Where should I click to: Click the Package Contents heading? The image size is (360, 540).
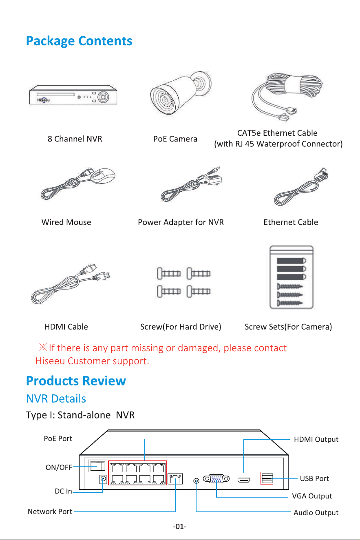[x=79, y=41]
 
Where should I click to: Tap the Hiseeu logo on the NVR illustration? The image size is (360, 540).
[x=43, y=100]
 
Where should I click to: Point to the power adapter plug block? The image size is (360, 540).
[x=214, y=179]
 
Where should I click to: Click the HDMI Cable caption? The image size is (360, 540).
[x=66, y=327]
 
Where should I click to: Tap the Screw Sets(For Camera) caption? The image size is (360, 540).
[x=288, y=327]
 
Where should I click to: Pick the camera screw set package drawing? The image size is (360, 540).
[x=292, y=277]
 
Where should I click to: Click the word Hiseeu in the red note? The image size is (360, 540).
[x=50, y=361]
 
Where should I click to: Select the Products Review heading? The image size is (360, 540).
[x=76, y=381]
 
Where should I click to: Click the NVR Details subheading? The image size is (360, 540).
[x=56, y=399]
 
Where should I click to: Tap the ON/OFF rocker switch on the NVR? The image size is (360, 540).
[x=97, y=466]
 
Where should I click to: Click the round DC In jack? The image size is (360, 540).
[x=103, y=479]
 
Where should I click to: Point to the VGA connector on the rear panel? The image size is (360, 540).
[x=216, y=478]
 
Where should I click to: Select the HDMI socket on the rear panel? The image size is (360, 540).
[x=244, y=480]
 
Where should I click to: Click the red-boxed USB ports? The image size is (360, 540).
[x=267, y=478]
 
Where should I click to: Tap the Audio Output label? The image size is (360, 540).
[x=316, y=513]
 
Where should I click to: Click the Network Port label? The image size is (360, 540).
[x=50, y=511]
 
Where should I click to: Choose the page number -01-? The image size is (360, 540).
[x=180, y=527]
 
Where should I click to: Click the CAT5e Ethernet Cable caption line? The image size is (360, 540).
[x=277, y=133]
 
